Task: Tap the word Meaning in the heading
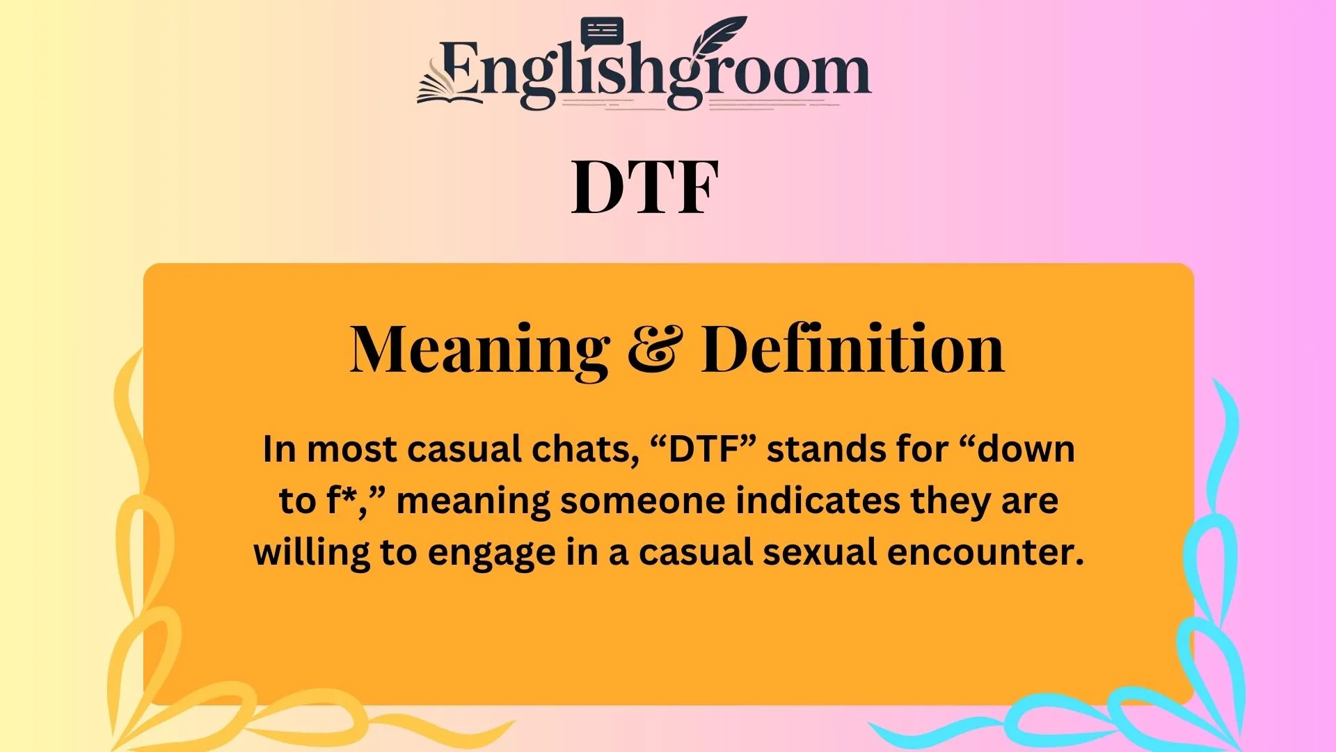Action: tap(479, 350)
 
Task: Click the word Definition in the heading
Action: tap(852, 350)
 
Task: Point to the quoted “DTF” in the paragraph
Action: tap(703, 449)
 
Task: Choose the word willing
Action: tap(311, 552)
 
